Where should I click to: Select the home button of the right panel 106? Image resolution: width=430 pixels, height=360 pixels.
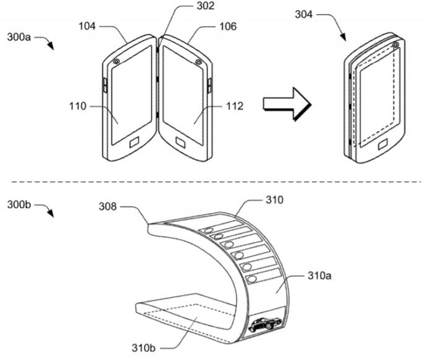(x=182, y=145)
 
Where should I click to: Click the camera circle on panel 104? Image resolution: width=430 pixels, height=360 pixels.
(x=116, y=62)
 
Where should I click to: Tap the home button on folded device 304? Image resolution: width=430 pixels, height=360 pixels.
(x=383, y=146)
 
